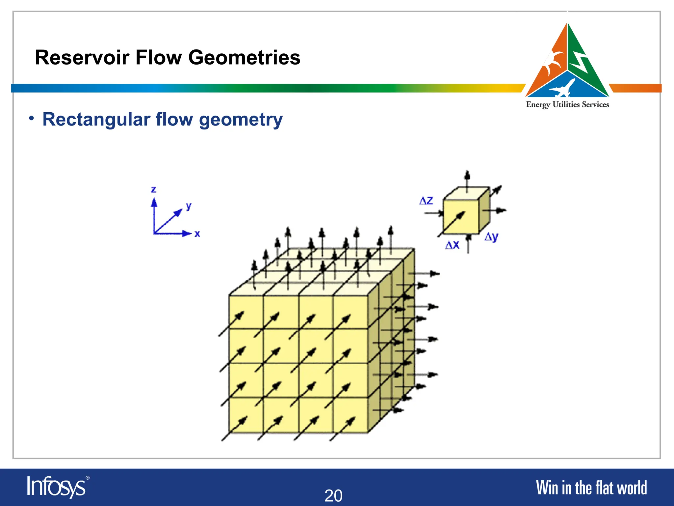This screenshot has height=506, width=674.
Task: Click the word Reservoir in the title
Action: tap(82, 58)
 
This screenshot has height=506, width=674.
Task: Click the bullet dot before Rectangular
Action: tap(31, 118)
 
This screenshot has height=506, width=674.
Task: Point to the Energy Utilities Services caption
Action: tap(567, 104)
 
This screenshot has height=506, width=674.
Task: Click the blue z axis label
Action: tap(153, 189)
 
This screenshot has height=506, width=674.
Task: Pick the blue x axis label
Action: tap(197, 234)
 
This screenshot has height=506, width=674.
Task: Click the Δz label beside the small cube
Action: tap(426, 201)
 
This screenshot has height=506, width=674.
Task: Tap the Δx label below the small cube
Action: tap(452, 245)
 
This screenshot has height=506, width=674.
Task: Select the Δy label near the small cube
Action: tap(491, 237)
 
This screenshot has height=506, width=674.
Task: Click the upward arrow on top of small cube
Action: tap(467, 180)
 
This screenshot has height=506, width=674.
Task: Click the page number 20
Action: tap(333, 495)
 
